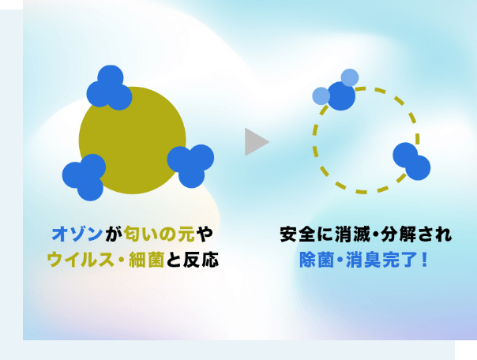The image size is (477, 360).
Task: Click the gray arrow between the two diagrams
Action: click(255, 141)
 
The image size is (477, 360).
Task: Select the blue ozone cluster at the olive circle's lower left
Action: click(85, 176)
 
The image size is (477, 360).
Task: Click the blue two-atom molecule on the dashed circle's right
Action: click(411, 161)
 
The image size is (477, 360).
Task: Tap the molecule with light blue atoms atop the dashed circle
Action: click(337, 92)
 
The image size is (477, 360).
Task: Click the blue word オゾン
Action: click(75, 234)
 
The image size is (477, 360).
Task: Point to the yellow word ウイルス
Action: click(74, 258)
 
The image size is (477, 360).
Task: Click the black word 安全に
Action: click(305, 234)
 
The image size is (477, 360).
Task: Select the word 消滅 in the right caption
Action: click(355, 234)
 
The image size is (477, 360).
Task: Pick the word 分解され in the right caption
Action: click(419, 234)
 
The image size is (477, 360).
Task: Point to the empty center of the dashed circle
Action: click(363, 140)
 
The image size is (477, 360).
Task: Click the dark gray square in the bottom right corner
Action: click(465, 350)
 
